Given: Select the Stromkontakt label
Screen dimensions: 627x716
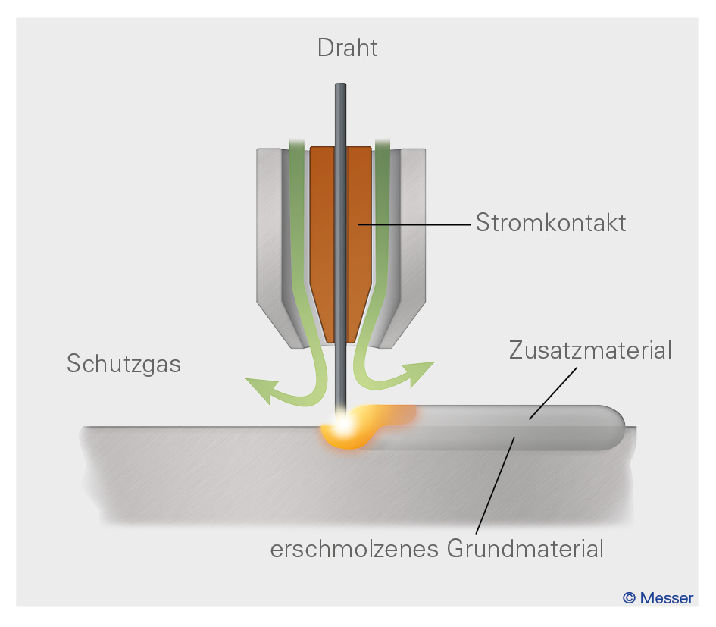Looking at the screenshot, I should [x=551, y=224].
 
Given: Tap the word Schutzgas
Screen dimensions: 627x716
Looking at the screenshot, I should [x=124, y=364].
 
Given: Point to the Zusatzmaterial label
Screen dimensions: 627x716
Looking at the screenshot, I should [x=590, y=351].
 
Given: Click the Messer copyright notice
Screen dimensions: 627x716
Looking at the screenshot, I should [x=658, y=597].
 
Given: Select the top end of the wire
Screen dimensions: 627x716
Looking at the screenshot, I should [x=341, y=87].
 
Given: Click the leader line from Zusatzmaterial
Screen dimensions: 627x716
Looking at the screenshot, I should [x=554, y=393].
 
